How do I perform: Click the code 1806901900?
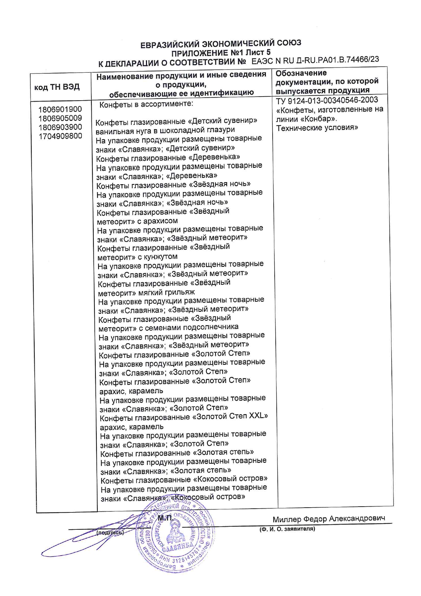60,109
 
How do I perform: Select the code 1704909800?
60,136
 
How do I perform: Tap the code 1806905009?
60,118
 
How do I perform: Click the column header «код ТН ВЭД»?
57,87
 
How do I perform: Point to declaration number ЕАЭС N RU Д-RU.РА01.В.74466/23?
315,60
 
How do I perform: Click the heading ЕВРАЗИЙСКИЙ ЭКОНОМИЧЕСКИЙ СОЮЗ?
221,44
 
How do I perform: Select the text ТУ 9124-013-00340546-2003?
327,100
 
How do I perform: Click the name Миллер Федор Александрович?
329,519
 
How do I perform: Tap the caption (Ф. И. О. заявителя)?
287,529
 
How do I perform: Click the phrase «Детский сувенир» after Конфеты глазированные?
222,121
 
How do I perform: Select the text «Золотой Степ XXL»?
230,416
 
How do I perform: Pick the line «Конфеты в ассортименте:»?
146,104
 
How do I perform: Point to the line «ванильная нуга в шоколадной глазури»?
165,130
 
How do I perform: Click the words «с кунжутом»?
158,257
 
